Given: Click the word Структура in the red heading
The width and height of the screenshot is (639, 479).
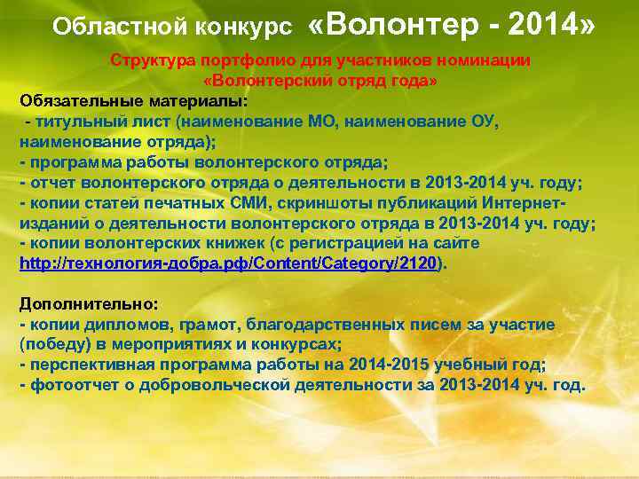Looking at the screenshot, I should tap(150, 60).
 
